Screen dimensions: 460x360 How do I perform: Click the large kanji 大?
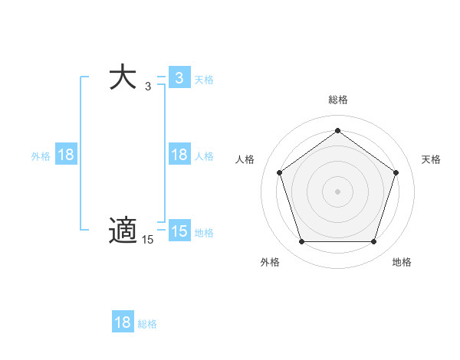(x=123, y=78)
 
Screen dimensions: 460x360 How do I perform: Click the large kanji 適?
(x=123, y=231)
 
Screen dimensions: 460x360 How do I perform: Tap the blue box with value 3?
(x=179, y=78)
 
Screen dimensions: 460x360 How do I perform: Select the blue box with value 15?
(x=179, y=231)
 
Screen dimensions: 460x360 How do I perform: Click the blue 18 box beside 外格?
(x=66, y=155)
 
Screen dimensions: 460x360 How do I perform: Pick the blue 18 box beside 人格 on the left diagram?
(x=179, y=155)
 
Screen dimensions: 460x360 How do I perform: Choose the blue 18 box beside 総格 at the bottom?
(x=123, y=322)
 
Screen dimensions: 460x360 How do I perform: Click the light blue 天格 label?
(x=204, y=79)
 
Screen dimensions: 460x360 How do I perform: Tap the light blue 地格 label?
(x=204, y=232)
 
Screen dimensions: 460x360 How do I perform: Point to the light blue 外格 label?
(x=41, y=155)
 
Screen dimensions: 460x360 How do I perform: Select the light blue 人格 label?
(x=204, y=155)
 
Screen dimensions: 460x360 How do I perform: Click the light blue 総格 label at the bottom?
(x=147, y=323)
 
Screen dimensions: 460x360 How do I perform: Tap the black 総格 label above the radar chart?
(x=337, y=100)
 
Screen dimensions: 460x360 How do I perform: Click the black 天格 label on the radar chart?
(x=431, y=159)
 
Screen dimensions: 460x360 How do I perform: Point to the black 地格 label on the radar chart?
(x=401, y=262)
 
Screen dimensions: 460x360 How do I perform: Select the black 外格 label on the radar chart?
(x=270, y=262)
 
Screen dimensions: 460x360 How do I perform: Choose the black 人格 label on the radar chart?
(x=245, y=159)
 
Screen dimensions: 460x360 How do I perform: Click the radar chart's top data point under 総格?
(x=337, y=130)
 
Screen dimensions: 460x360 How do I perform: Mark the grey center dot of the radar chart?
(x=337, y=191)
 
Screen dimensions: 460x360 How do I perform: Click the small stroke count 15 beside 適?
(x=147, y=240)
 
